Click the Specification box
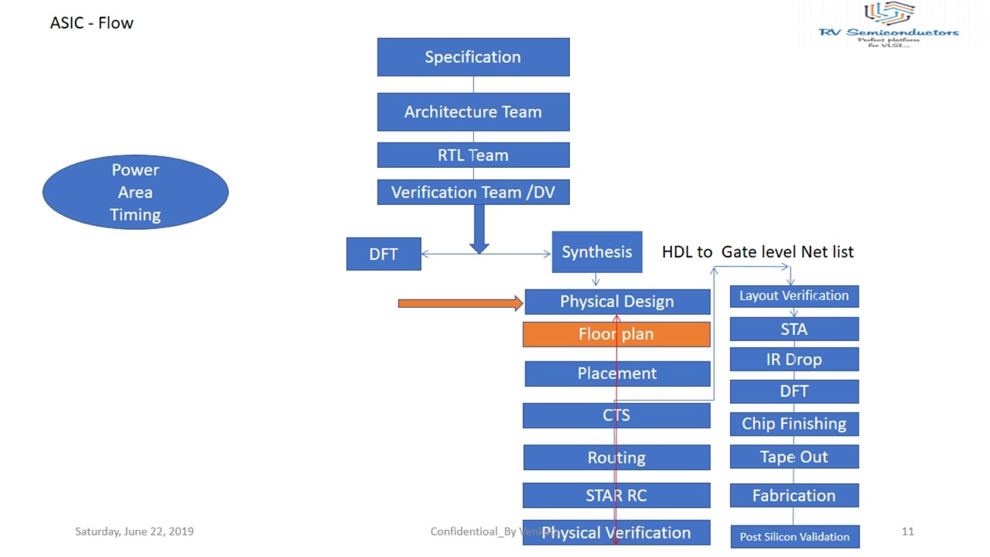point(473,57)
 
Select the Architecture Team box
point(473,112)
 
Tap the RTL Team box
point(473,155)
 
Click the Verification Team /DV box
point(473,193)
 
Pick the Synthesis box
point(596,252)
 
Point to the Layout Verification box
point(794,296)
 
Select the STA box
point(794,329)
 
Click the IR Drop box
point(794,360)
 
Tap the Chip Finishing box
point(794,424)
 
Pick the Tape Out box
point(794,457)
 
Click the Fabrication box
point(794,496)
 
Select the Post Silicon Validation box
point(794,536)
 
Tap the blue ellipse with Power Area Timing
point(135,193)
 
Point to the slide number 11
point(908,531)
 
